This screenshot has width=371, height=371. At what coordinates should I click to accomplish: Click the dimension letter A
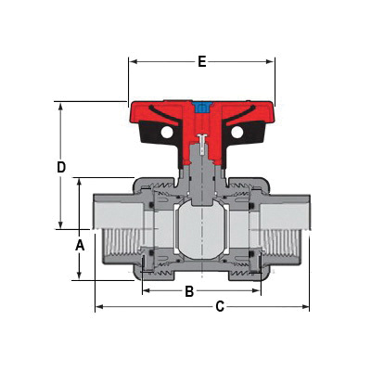(x=80, y=245)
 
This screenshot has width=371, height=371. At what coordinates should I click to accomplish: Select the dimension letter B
(x=189, y=292)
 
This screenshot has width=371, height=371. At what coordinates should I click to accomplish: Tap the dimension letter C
(x=219, y=306)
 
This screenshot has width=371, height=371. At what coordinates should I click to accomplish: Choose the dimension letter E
(x=201, y=62)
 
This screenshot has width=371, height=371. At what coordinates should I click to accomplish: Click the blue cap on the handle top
(x=201, y=105)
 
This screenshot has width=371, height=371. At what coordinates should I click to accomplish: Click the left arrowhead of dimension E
(x=132, y=62)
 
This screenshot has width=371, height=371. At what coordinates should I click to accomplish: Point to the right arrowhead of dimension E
(x=272, y=62)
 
